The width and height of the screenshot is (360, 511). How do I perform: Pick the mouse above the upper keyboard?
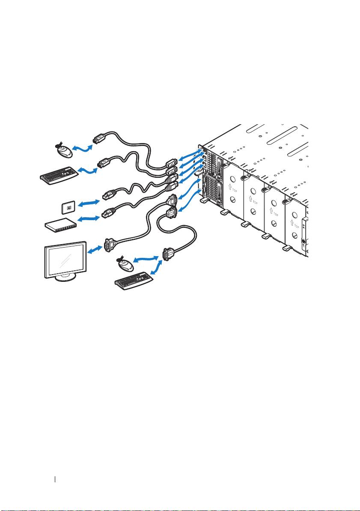tap(63, 151)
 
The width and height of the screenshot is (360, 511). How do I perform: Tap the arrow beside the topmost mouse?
tap(82, 148)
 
